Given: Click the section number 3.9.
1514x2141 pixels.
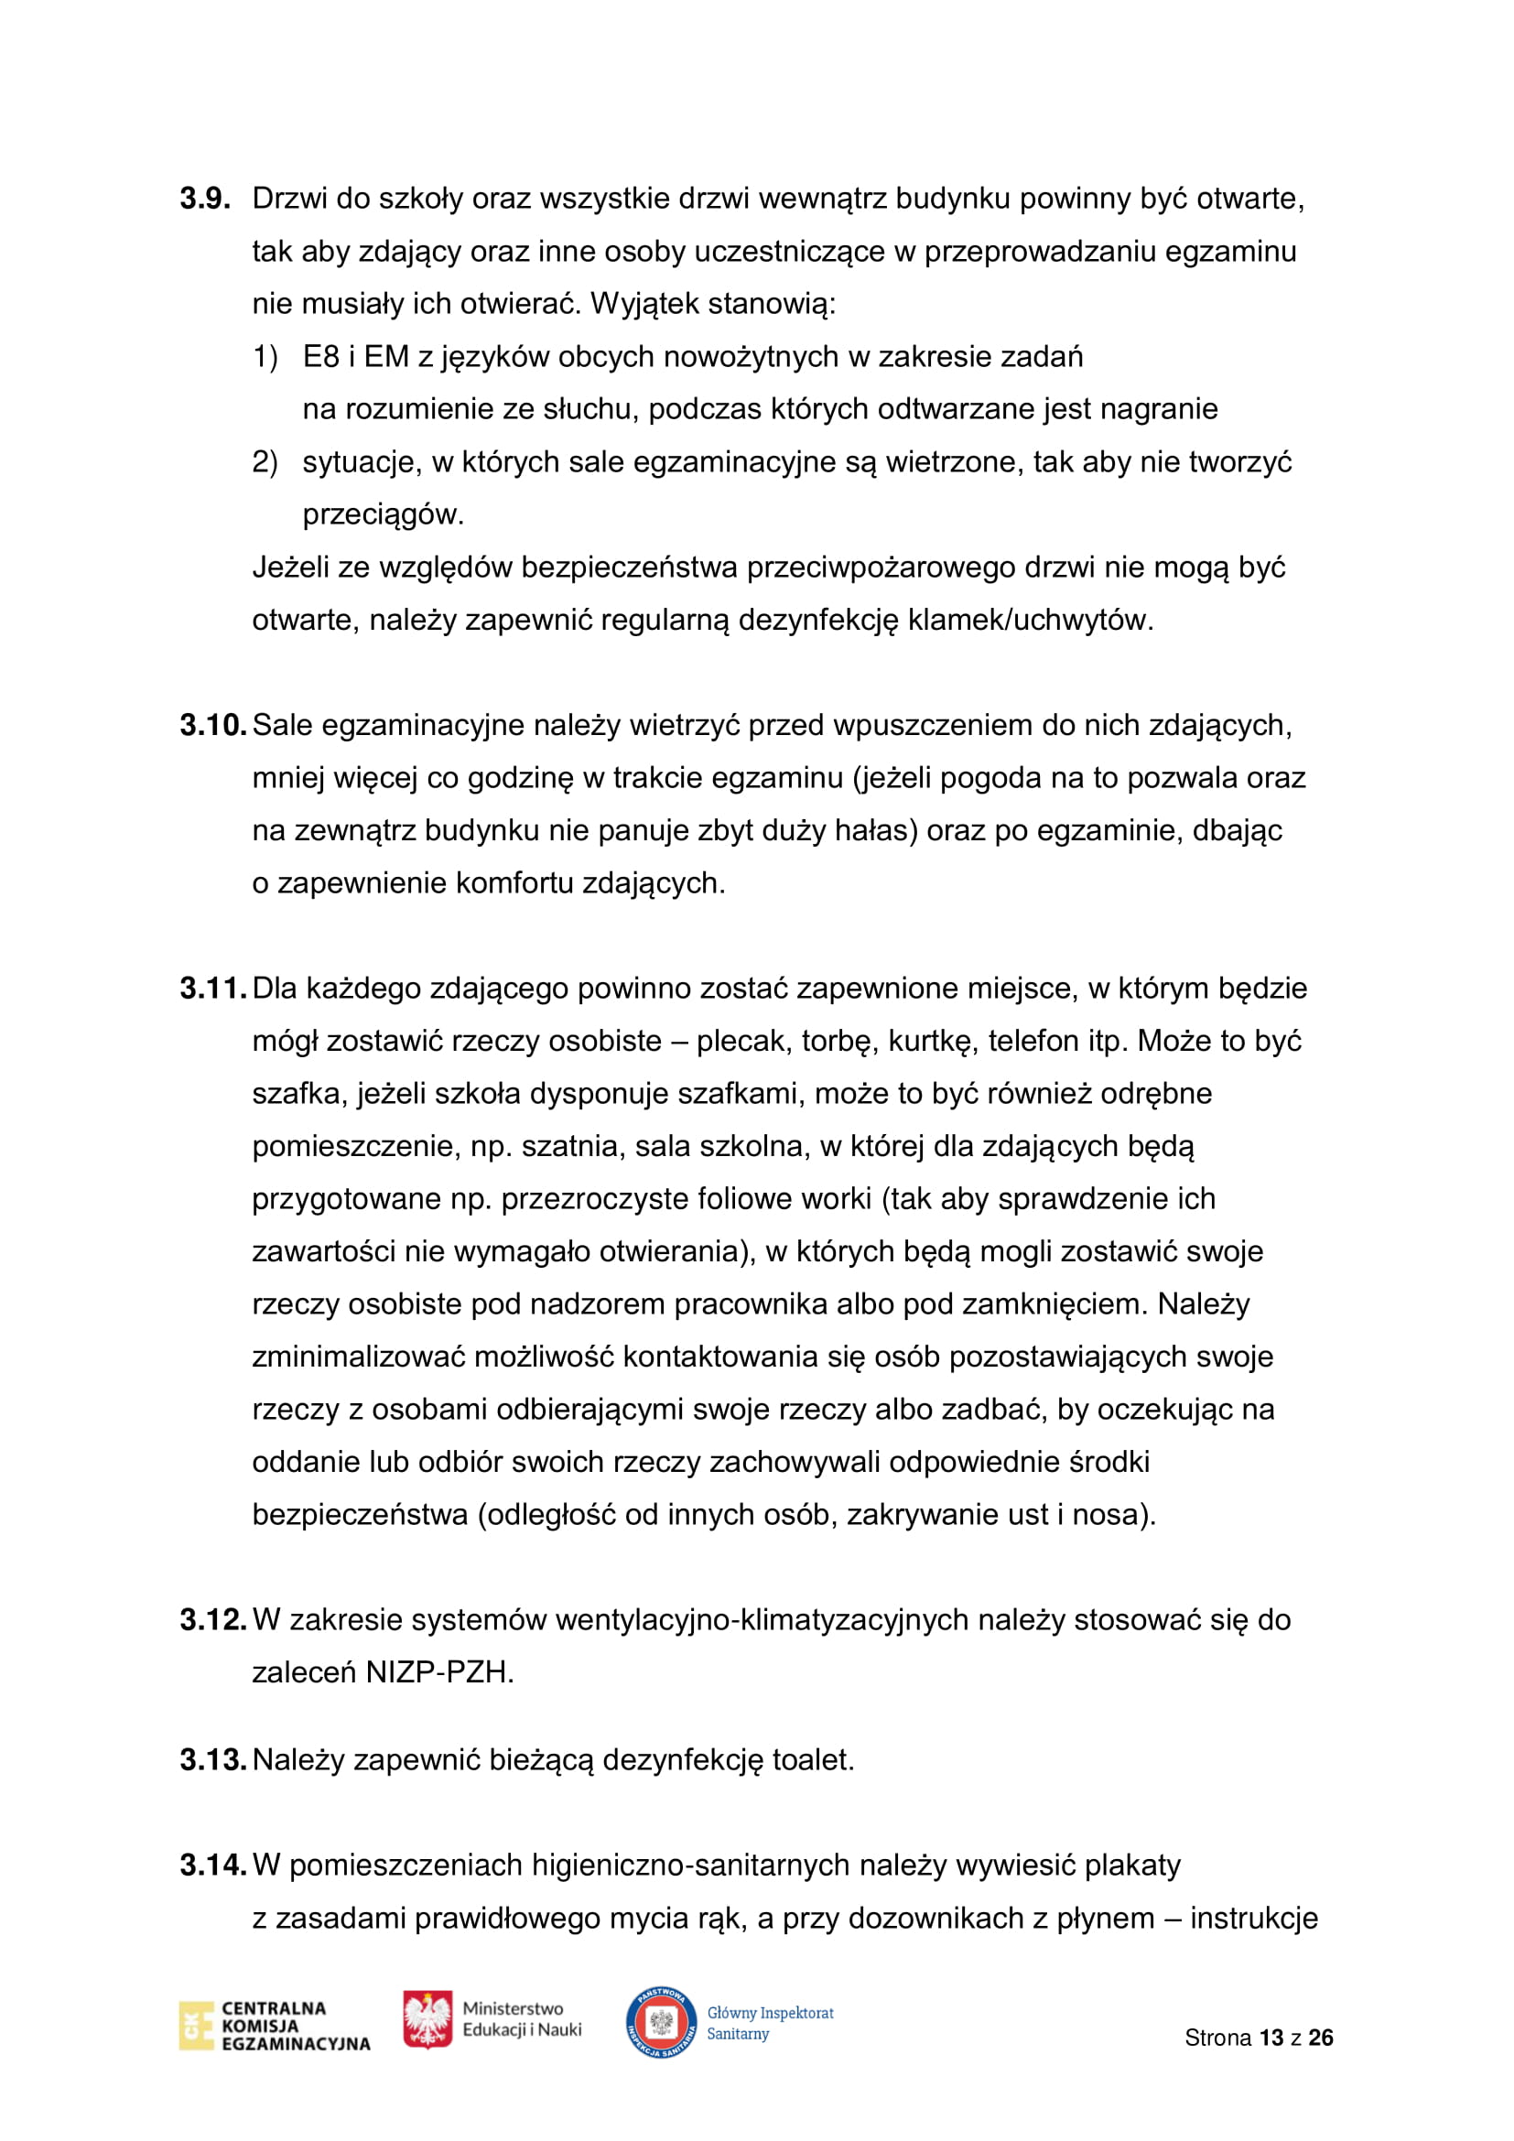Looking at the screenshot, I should (x=205, y=199).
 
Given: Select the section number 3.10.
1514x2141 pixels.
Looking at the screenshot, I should (x=212, y=725).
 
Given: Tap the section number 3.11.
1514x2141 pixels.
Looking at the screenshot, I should (x=212, y=988).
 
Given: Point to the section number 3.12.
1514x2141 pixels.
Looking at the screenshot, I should (x=212, y=1620).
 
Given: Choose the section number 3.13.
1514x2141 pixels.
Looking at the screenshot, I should (x=212, y=1759).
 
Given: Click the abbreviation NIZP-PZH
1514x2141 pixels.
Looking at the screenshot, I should (x=439, y=1673).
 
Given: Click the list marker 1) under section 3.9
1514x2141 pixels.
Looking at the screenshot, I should (x=265, y=356).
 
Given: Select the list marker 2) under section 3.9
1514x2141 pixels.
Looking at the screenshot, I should (x=265, y=461).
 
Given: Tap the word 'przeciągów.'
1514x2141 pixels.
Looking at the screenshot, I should (x=384, y=514).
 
